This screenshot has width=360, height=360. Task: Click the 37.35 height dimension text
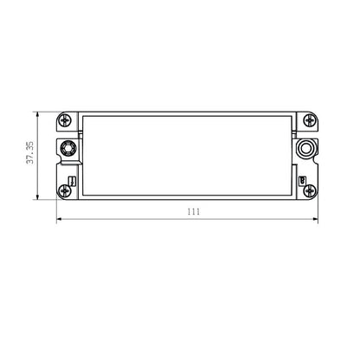click(30, 152)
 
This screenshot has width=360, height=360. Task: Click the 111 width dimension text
click(194, 212)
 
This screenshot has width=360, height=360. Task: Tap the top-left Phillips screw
click(65, 119)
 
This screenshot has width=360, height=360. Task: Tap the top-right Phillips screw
click(310, 119)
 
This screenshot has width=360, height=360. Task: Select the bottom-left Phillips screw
click(64, 191)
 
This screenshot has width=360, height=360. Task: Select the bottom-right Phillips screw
click(310, 191)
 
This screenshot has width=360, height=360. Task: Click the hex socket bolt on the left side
click(68, 148)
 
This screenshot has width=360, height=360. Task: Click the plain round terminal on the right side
click(305, 148)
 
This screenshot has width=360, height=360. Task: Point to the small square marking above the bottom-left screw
click(72, 181)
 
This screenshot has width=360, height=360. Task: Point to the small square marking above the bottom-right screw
click(302, 181)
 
